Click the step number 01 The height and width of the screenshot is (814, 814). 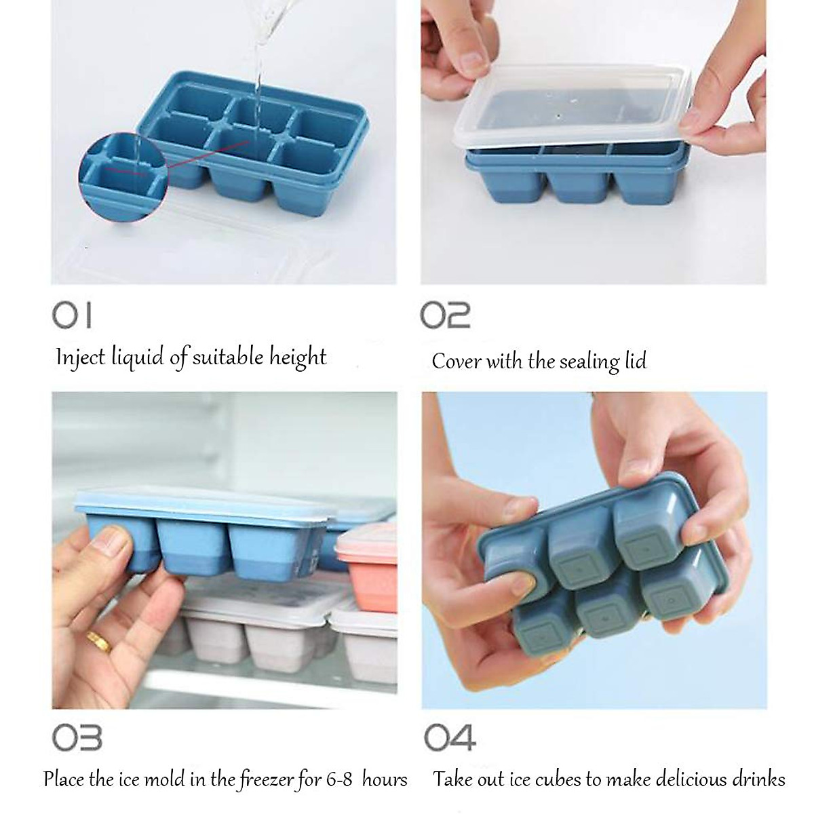pyautogui.click(x=72, y=315)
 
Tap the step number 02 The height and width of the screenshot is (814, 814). pyautogui.click(x=445, y=315)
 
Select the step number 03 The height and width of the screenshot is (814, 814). pyautogui.click(x=77, y=738)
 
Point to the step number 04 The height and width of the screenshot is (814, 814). pyautogui.click(x=449, y=738)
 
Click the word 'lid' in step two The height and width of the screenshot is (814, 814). pyautogui.click(x=634, y=360)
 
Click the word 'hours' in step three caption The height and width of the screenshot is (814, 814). pyautogui.click(x=384, y=779)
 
